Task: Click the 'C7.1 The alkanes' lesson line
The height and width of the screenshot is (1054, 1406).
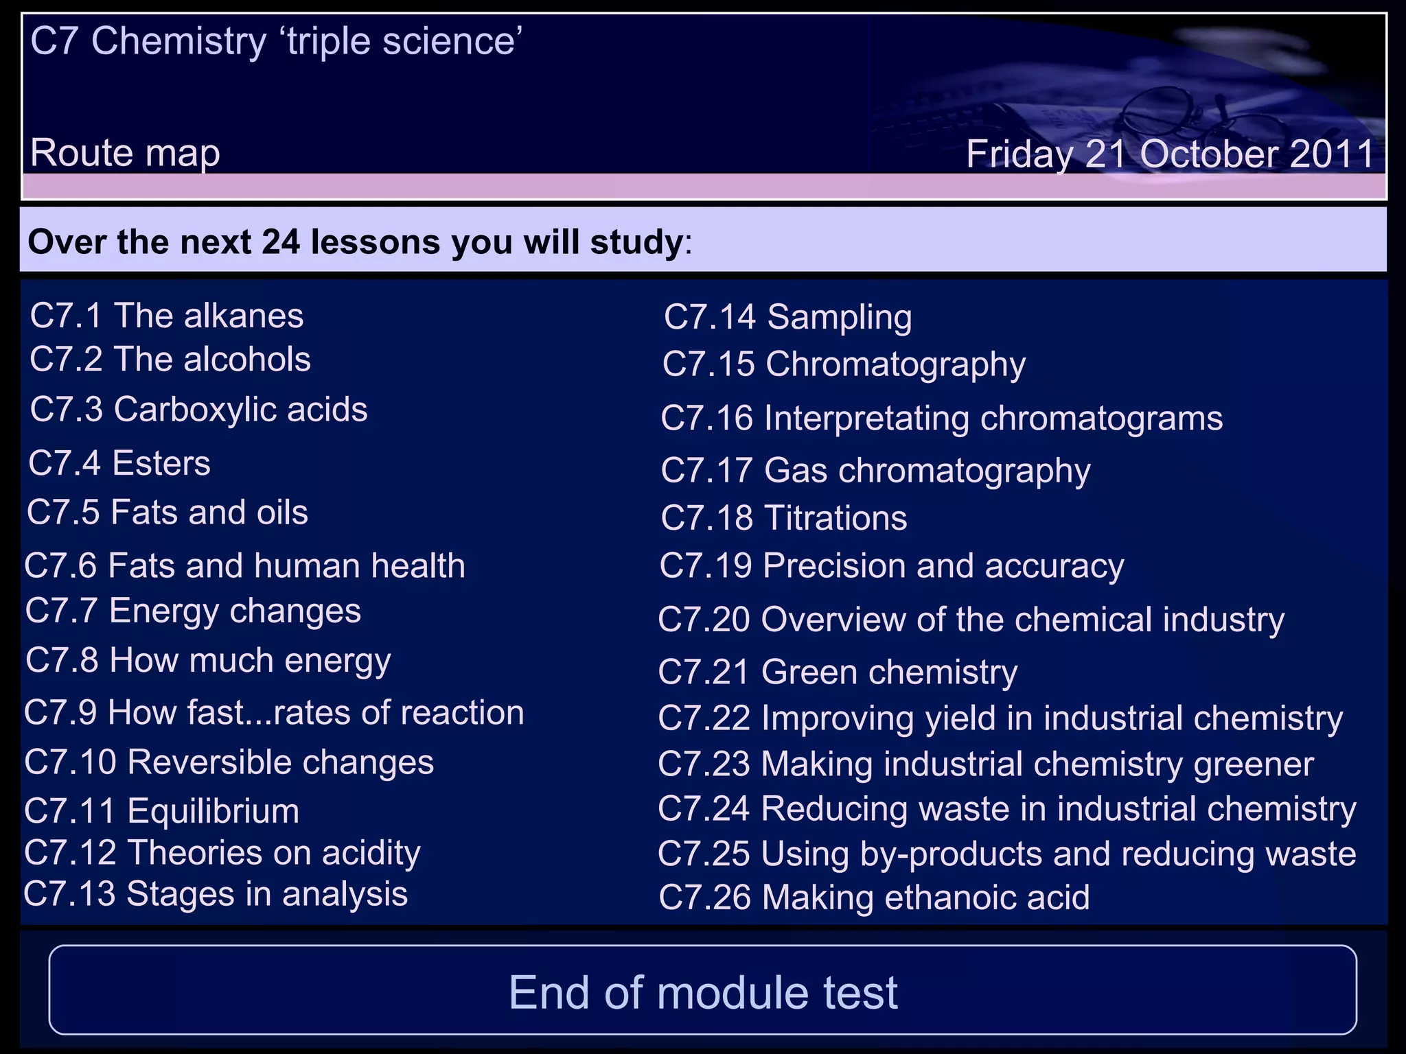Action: [167, 316]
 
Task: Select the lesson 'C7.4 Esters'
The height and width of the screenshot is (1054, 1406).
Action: [119, 463]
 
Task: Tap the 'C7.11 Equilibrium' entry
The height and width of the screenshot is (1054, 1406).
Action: [162, 811]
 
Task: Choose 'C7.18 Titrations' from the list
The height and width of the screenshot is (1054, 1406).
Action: [783, 518]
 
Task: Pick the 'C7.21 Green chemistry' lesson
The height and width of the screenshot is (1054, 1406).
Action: [838, 672]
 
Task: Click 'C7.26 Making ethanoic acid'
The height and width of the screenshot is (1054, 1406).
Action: [874, 898]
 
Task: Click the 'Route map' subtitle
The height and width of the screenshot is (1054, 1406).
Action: [125, 152]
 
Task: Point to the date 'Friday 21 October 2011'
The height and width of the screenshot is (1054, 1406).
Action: [1170, 154]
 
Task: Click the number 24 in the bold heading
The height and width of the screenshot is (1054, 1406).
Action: [281, 242]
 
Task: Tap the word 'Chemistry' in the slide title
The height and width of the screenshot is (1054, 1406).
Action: [178, 41]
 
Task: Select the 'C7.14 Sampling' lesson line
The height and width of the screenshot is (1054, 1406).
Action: [787, 318]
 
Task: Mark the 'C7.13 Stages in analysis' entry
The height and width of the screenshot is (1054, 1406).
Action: [216, 894]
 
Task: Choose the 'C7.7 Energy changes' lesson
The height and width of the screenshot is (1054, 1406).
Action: [193, 611]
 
